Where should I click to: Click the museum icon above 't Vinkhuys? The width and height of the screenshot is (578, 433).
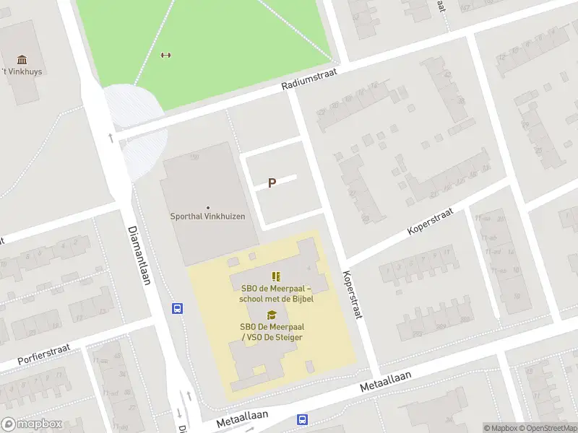pyautogui.click(x=22, y=59)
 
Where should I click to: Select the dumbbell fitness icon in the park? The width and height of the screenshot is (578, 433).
pyautogui.click(x=165, y=55)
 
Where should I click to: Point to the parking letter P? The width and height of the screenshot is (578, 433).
pyautogui.click(x=272, y=183)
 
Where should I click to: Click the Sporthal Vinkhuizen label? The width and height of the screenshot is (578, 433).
pyautogui.click(x=207, y=216)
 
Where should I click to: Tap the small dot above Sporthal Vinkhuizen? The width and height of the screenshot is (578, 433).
pyautogui.click(x=208, y=207)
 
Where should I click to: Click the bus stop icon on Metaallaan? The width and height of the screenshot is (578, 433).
pyautogui.click(x=302, y=419)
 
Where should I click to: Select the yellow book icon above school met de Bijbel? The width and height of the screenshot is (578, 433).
pyautogui.click(x=275, y=276)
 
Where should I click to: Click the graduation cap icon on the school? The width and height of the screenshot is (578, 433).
pyautogui.click(x=271, y=315)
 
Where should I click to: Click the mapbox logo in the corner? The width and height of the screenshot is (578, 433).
pyautogui.click(x=30, y=424)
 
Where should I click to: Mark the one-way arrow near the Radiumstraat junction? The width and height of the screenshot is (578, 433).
pyautogui.click(x=111, y=137)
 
